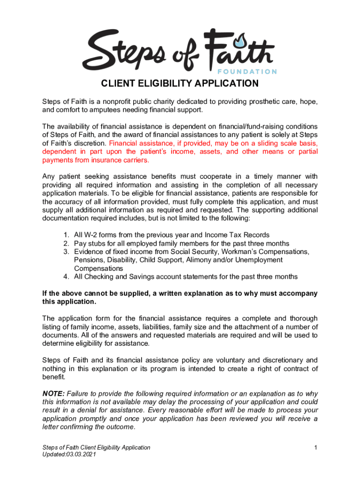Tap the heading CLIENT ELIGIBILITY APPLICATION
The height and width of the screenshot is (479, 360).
tap(180, 84)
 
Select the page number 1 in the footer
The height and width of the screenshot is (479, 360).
tap(316, 448)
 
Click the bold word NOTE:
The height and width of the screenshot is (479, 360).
tap(54, 393)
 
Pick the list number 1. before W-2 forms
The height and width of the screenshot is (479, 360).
tap(67, 235)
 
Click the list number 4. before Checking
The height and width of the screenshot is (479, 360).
tap(67, 276)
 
